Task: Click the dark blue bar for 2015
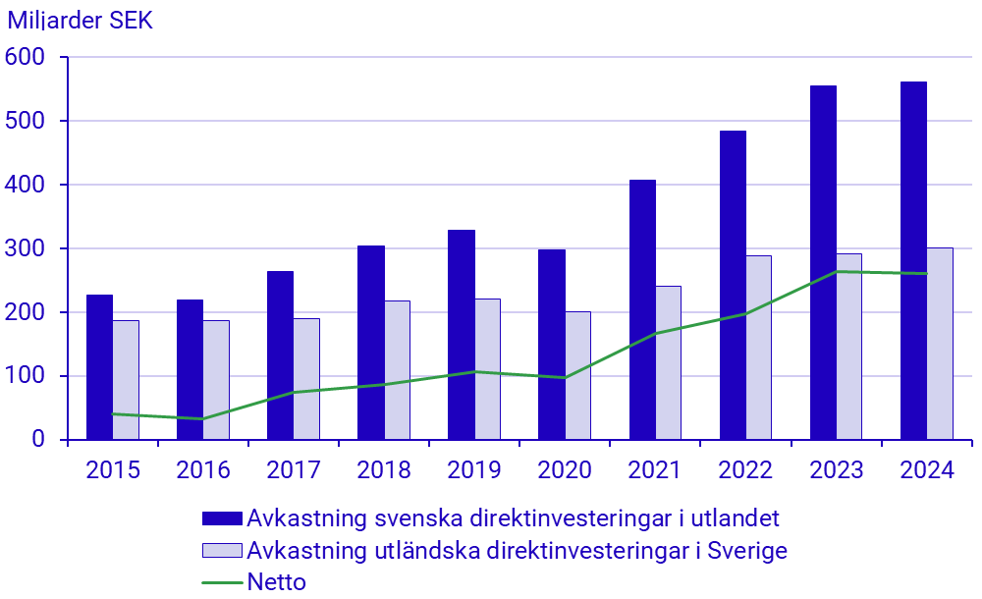[x=99, y=367]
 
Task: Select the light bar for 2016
[x=216, y=380]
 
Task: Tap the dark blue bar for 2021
[x=642, y=309]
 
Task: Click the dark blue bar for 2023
[x=823, y=262]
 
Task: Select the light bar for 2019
[x=487, y=369]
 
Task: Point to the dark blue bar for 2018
[x=371, y=343]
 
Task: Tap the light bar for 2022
[x=758, y=348]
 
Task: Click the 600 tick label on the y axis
[x=26, y=58]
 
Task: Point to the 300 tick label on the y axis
[x=26, y=249]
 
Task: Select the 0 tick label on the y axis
[x=38, y=440]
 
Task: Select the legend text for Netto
[x=277, y=582]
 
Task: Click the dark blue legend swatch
[x=222, y=517]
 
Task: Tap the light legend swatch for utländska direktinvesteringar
[x=222, y=550]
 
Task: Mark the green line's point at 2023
[x=836, y=272]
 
